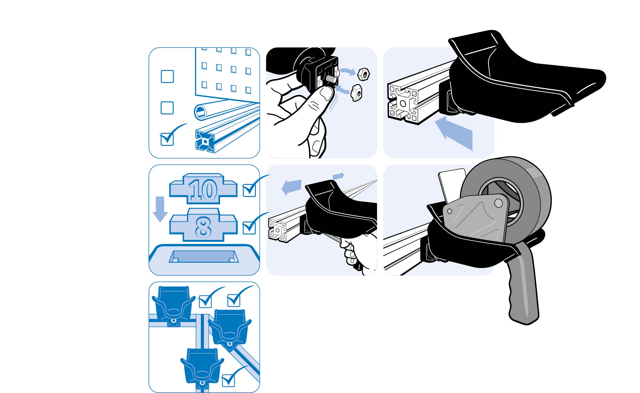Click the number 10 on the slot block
pyautogui.click(x=203, y=190)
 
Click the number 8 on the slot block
pyautogui.click(x=203, y=227)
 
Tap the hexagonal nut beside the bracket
pyautogui.click(x=364, y=74)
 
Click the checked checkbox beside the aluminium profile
pyautogui.click(x=167, y=139)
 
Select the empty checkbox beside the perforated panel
pyautogui.click(x=167, y=76)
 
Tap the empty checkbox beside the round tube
pyautogui.click(x=167, y=108)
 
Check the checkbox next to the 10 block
pyautogui.click(x=249, y=190)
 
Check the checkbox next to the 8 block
pyautogui.click(x=249, y=228)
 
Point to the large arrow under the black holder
pyautogui.click(x=455, y=133)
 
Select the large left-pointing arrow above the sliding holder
pyautogui.click(x=292, y=187)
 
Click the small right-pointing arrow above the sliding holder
pyautogui.click(x=338, y=176)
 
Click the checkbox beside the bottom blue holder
pyautogui.click(x=229, y=380)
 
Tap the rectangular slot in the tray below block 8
pyautogui.click(x=204, y=257)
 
